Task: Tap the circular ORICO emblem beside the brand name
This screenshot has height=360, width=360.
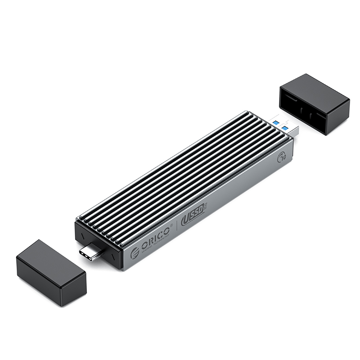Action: pos(135,253)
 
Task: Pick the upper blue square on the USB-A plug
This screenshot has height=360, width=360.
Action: pos(276,122)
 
